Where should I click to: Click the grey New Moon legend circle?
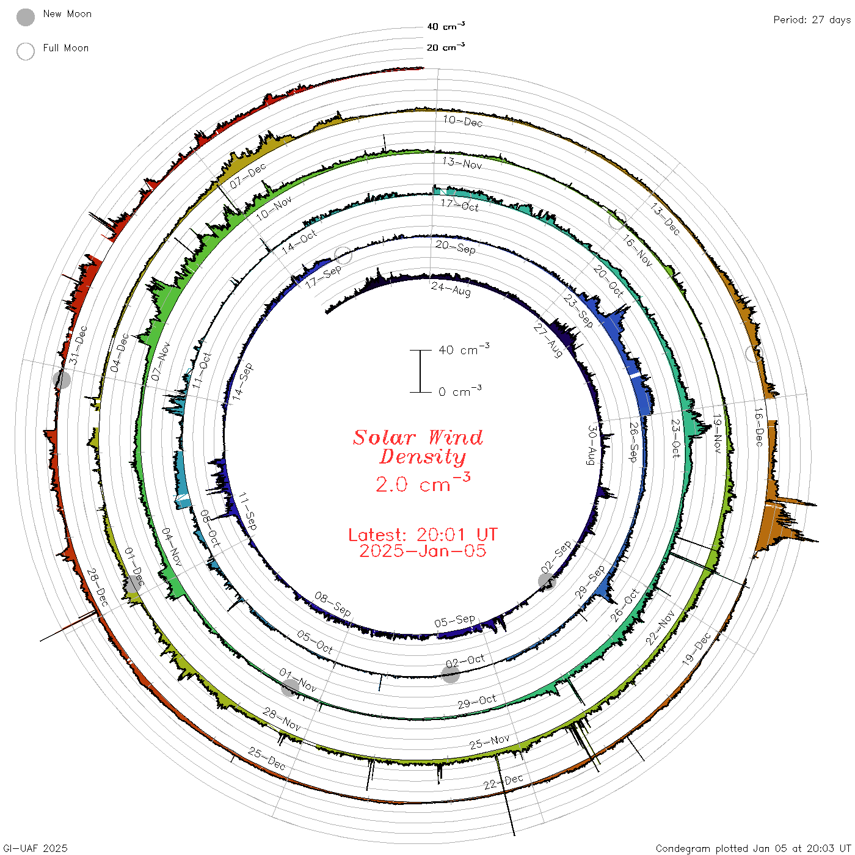click(x=25, y=17)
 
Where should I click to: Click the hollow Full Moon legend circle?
click(x=25, y=51)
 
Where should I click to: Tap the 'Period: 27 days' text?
click(x=812, y=20)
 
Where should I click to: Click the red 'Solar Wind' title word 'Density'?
click(x=423, y=457)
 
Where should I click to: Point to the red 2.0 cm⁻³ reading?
click(x=423, y=482)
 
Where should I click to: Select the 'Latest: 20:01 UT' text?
click(x=423, y=534)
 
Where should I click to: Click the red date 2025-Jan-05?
click(x=423, y=551)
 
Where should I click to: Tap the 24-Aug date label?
click(x=450, y=288)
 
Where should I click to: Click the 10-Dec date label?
click(x=462, y=121)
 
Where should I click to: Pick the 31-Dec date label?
click(x=79, y=345)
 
